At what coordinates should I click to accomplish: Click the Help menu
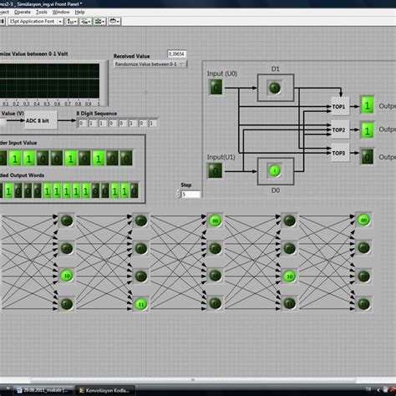(79, 13)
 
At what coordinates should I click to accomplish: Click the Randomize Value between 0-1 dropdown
(150, 63)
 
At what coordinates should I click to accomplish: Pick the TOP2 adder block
(338, 131)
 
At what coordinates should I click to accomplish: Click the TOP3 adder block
(338, 152)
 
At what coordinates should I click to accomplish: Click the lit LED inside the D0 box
(275, 171)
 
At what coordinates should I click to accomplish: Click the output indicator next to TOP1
(367, 105)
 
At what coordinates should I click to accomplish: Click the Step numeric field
(190, 194)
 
